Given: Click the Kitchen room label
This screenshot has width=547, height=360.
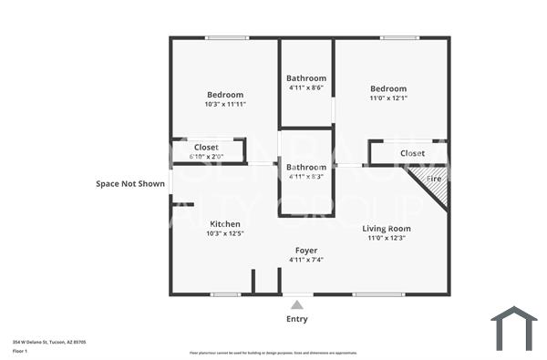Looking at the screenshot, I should pyautogui.click(x=225, y=224).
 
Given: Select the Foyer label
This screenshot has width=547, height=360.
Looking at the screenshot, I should pyautogui.click(x=305, y=250).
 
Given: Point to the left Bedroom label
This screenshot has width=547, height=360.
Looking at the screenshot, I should pyautogui.click(x=225, y=95).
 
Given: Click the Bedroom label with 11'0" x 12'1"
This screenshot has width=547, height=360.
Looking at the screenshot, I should pyautogui.click(x=387, y=88).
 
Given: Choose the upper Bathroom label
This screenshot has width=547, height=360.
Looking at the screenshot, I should pyautogui.click(x=306, y=78).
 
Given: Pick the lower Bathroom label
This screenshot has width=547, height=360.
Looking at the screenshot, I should pyautogui.click(x=306, y=168).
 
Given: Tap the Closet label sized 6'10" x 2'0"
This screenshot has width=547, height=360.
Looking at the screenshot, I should pyautogui.click(x=206, y=147).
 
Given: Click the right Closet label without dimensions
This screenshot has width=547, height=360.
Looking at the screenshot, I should pyautogui.click(x=412, y=153).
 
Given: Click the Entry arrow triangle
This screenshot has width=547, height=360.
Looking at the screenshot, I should pyautogui.click(x=297, y=304).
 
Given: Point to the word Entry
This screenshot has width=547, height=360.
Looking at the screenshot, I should pyautogui.click(x=297, y=319).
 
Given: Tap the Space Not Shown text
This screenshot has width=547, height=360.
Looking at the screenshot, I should pyautogui.click(x=130, y=184).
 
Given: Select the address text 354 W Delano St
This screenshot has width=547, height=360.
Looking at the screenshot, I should pyautogui.click(x=49, y=342).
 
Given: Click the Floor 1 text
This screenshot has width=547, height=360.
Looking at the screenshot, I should pyautogui.click(x=20, y=351).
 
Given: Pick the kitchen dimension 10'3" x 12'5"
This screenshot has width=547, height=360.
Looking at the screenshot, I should pyautogui.click(x=225, y=234).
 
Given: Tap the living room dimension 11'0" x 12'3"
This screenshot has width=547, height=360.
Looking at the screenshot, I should pyautogui.click(x=387, y=239).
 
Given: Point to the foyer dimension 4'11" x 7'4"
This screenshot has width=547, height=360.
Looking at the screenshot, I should pyautogui.click(x=305, y=260).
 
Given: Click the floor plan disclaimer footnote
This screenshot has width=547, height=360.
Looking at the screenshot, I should pyautogui.click(x=273, y=353).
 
